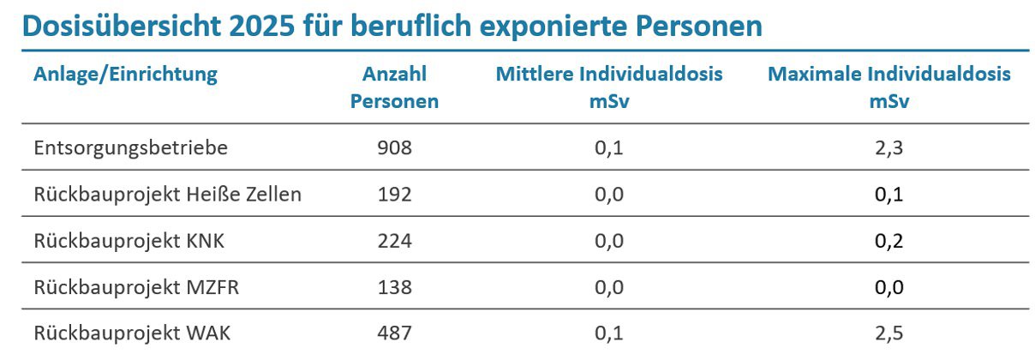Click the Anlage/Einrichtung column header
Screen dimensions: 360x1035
point(125,74)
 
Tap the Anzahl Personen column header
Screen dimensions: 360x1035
point(394,87)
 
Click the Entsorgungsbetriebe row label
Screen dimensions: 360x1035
point(131,148)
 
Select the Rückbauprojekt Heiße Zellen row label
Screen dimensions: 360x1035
point(168,195)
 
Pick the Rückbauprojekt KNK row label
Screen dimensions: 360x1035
point(129,241)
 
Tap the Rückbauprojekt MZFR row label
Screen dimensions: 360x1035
point(136,287)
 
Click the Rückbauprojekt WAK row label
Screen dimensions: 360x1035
point(133,333)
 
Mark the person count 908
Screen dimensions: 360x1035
point(394,148)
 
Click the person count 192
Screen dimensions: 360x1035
point(394,195)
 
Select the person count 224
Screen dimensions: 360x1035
point(394,241)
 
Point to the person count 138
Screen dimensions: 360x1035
point(394,287)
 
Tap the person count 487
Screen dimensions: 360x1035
point(394,333)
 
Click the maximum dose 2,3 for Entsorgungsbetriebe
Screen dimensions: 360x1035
point(889,148)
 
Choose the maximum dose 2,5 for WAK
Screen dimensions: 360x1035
point(889,333)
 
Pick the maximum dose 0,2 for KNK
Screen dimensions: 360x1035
point(889,241)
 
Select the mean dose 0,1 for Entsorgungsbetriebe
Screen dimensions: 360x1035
point(609,148)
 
